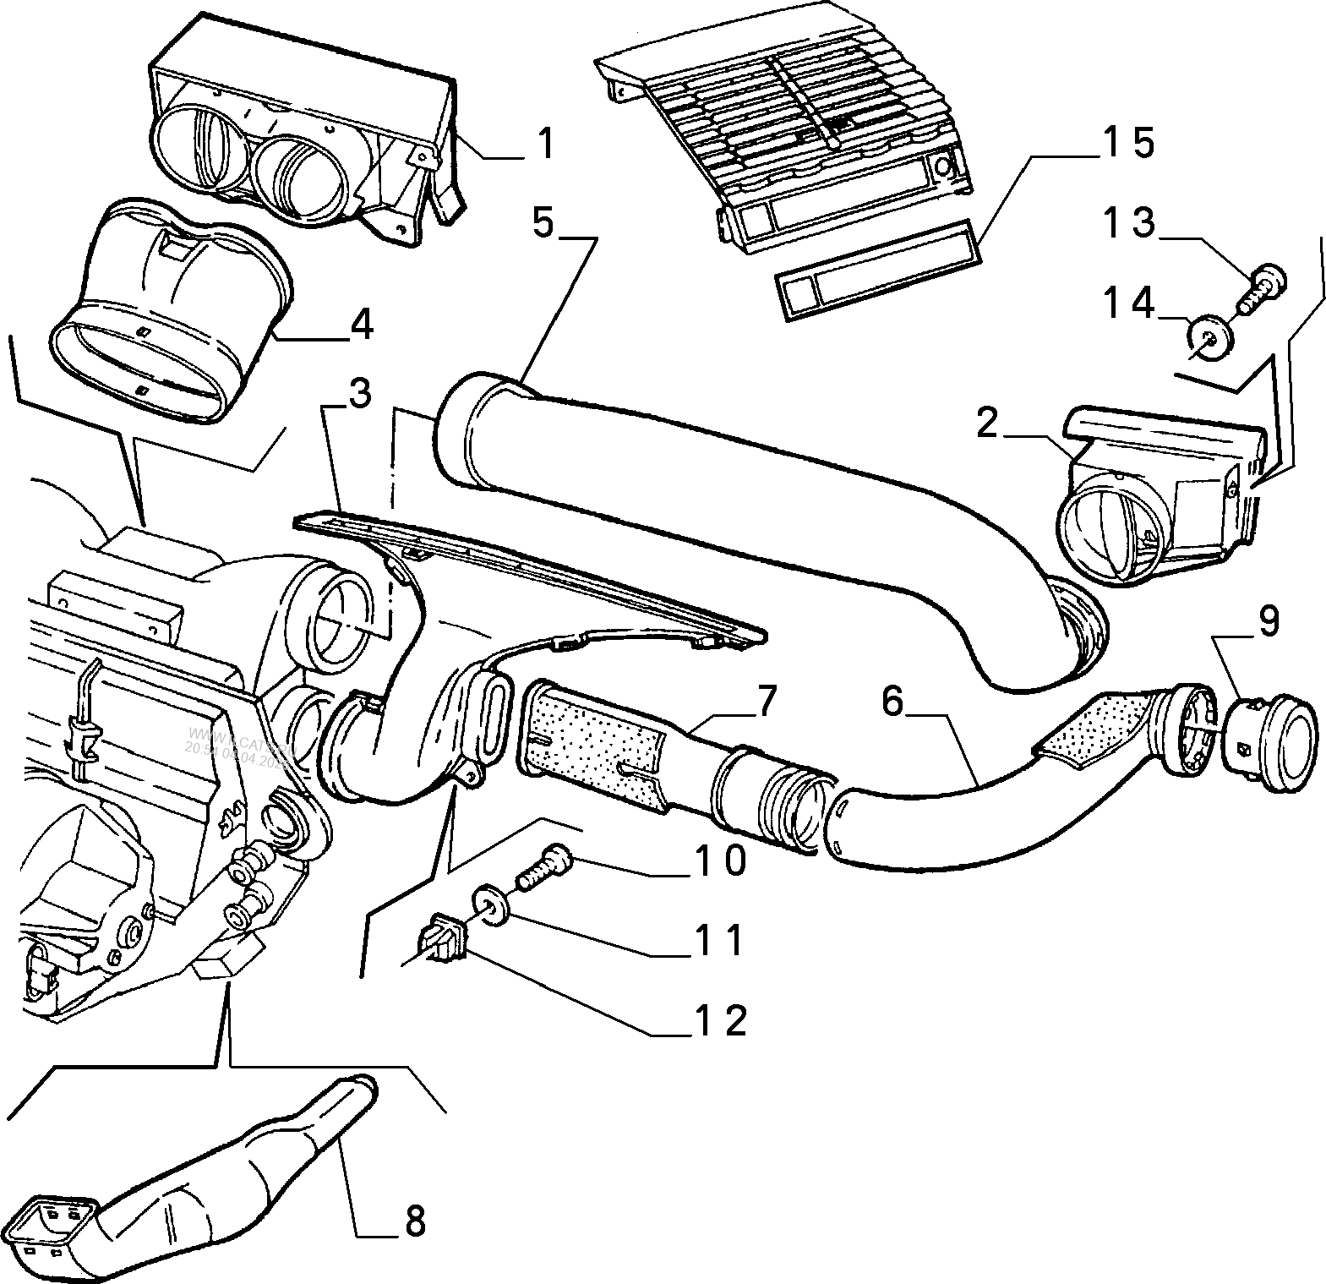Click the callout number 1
[x=547, y=143]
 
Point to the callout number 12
[x=722, y=1020]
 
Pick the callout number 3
[x=359, y=394]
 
